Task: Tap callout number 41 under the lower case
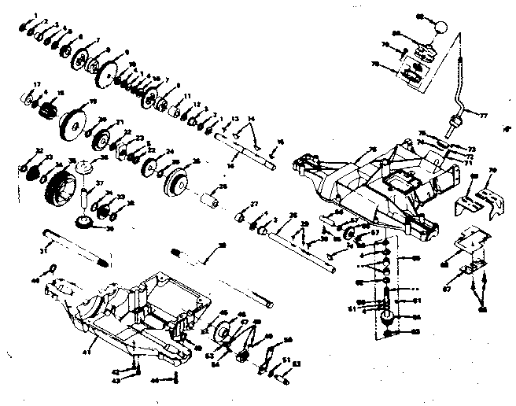tap(94, 340)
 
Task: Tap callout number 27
tap(253, 205)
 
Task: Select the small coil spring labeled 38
tap(183, 255)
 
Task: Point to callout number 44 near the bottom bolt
tap(154, 381)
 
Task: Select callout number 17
tap(36, 84)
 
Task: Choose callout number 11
tap(186, 95)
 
